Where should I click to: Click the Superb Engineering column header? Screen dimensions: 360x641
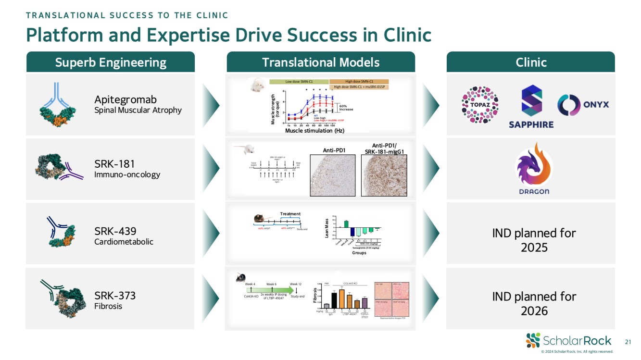tap(110, 62)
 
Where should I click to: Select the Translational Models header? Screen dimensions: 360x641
tap(321, 62)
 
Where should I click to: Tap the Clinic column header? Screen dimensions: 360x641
tap(531, 62)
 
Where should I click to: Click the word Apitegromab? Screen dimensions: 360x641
tap(126, 100)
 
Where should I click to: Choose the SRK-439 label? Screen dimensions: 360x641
tap(115, 230)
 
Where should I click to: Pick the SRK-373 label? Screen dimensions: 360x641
tap(115, 295)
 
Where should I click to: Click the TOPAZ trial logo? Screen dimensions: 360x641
tap(479, 105)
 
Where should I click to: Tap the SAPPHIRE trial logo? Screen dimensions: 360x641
tap(531, 107)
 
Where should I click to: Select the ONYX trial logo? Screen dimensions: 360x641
tap(583, 105)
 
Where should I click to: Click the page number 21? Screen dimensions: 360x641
tap(627, 342)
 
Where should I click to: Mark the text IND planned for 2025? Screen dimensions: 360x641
tap(534, 240)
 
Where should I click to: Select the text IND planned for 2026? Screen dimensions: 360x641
tap(534, 304)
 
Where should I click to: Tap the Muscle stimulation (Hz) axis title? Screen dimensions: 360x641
tap(314, 130)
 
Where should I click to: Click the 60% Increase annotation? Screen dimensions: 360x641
tap(346, 107)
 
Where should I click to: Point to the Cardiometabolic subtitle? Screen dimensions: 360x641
tap(124, 242)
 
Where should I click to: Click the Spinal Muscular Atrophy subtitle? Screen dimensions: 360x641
tap(138, 110)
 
